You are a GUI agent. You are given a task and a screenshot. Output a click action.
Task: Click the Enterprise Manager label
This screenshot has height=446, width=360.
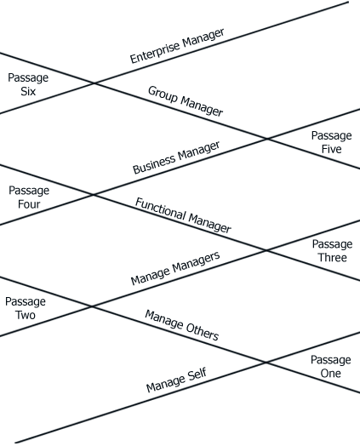tap(177, 46)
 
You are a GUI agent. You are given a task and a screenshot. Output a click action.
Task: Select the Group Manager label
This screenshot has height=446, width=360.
tap(186, 101)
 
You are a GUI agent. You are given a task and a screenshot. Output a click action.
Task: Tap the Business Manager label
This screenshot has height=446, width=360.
tap(176, 157)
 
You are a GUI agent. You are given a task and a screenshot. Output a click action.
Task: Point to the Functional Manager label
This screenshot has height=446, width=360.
tap(183, 215)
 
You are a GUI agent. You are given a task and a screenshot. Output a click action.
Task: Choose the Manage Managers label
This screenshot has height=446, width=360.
tap(175, 268)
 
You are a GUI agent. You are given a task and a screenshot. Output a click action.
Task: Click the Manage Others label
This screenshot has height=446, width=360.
tap(182, 325)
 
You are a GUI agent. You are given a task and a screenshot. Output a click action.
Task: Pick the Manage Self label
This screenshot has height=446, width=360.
tap(176, 380)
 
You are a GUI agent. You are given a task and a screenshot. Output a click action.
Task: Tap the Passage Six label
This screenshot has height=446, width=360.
tap(28, 84)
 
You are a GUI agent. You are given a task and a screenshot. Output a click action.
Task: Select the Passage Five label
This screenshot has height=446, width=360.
tap(332, 142)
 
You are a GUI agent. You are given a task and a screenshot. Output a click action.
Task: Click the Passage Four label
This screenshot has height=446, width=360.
tap(29, 197)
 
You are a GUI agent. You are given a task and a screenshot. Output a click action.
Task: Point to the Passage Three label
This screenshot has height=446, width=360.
tap(333, 250)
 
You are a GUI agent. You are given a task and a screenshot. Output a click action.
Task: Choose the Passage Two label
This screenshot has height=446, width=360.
tap(26, 308)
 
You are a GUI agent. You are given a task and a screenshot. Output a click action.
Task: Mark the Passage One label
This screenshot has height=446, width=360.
tap(331, 366)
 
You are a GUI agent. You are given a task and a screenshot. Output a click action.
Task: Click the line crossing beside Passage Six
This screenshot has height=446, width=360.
tap(94, 83)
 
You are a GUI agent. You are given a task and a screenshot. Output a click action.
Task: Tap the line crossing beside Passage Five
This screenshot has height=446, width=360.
tap(266, 139)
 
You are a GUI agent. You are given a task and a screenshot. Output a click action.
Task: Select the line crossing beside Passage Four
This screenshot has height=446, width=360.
tap(94, 195)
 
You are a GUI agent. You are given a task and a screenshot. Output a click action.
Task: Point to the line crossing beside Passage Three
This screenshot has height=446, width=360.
tap(266, 250)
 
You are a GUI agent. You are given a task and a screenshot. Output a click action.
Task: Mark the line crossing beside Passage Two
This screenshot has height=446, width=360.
tap(92, 306)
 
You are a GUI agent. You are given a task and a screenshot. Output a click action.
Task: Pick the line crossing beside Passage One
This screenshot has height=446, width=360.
tap(266, 362)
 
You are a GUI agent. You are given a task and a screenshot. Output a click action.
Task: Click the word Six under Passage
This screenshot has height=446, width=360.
tap(28, 91)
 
